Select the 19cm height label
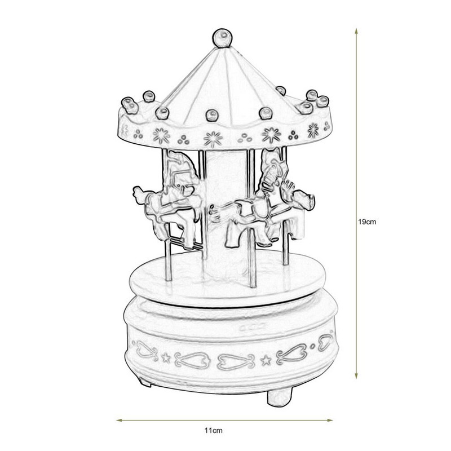[x=367, y=222]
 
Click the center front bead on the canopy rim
[x=212, y=114]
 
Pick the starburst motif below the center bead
[x=212, y=137]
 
